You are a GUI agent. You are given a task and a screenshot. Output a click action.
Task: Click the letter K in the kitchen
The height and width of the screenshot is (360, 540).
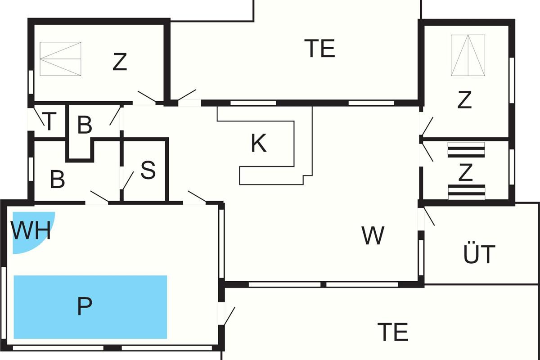pyautogui.click(x=259, y=143)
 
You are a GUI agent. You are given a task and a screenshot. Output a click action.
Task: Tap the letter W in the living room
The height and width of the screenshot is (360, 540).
pyautogui.click(x=373, y=235)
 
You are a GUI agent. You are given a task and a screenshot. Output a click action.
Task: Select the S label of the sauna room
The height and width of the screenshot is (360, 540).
pyautogui.click(x=148, y=170)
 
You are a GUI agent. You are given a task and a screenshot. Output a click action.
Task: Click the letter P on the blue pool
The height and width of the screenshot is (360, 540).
pyautogui.click(x=85, y=306)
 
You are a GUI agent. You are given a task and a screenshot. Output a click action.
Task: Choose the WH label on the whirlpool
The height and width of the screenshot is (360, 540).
pyautogui.click(x=31, y=230)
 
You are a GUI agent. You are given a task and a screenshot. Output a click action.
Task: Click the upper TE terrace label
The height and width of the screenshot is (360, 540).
pyautogui.click(x=319, y=49)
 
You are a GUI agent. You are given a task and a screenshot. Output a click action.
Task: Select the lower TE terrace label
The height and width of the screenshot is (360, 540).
pyautogui.click(x=393, y=332)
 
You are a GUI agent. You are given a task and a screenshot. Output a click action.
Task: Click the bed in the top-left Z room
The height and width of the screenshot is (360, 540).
pyautogui.click(x=60, y=59)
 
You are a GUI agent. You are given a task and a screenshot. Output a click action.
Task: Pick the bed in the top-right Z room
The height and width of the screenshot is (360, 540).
pyautogui.click(x=468, y=55)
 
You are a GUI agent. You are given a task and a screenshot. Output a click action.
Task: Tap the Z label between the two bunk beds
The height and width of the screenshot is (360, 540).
pyautogui.click(x=465, y=172)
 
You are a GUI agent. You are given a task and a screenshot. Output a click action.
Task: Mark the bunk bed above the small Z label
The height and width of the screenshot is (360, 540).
pyautogui.click(x=466, y=150)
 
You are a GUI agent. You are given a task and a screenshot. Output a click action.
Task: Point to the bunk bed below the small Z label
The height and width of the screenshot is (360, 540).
pyautogui.click(x=467, y=192)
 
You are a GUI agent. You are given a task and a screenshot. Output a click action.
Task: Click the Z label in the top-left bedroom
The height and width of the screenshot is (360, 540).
pyautogui.click(x=120, y=62)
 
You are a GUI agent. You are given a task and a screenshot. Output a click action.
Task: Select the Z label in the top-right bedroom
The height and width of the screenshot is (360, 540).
pyautogui.click(x=464, y=99)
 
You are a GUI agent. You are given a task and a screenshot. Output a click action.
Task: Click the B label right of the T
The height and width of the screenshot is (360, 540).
pyautogui.click(x=85, y=125)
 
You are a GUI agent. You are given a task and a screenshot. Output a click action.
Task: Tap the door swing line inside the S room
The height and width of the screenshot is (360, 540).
pyautogui.click(x=128, y=180)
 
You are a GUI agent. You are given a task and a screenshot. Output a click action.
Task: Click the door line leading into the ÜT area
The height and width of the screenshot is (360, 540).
pyautogui.click(x=429, y=216)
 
